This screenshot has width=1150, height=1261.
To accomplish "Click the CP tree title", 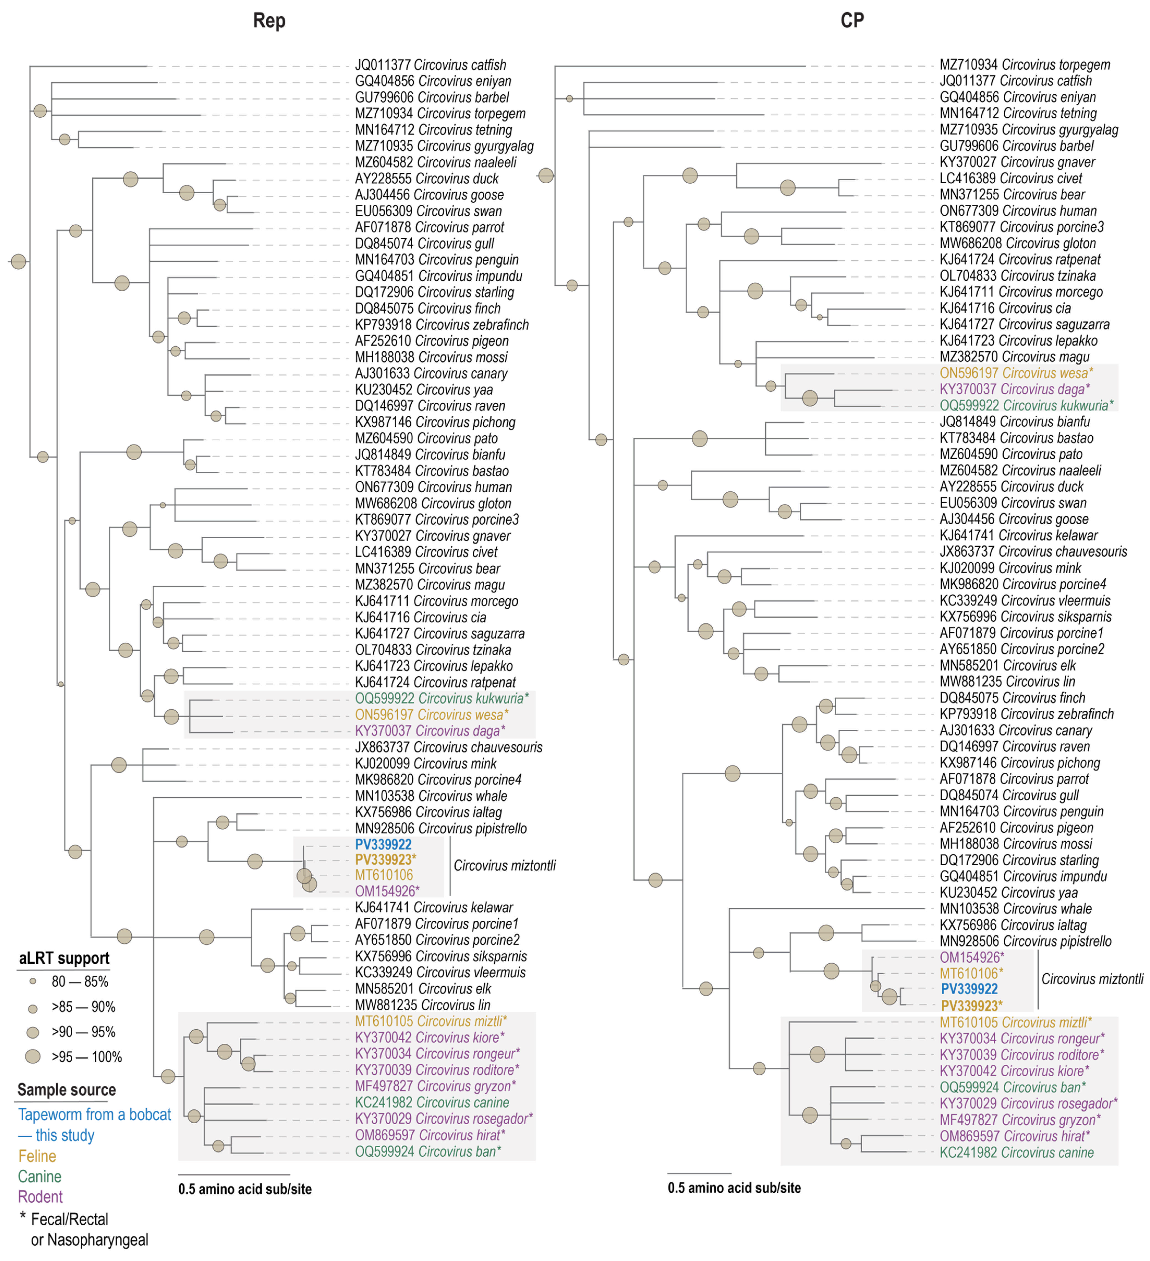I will pyautogui.click(x=852, y=21).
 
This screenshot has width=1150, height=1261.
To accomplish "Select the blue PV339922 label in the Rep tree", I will pyautogui.click(x=383, y=844).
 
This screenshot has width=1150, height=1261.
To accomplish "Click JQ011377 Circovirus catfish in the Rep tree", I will pyautogui.click(x=430, y=65).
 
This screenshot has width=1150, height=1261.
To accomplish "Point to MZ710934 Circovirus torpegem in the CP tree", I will pyautogui.click(x=1024, y=65).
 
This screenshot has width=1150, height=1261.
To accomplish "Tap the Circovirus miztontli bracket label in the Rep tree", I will pyautogui.click(x=504, y=866).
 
